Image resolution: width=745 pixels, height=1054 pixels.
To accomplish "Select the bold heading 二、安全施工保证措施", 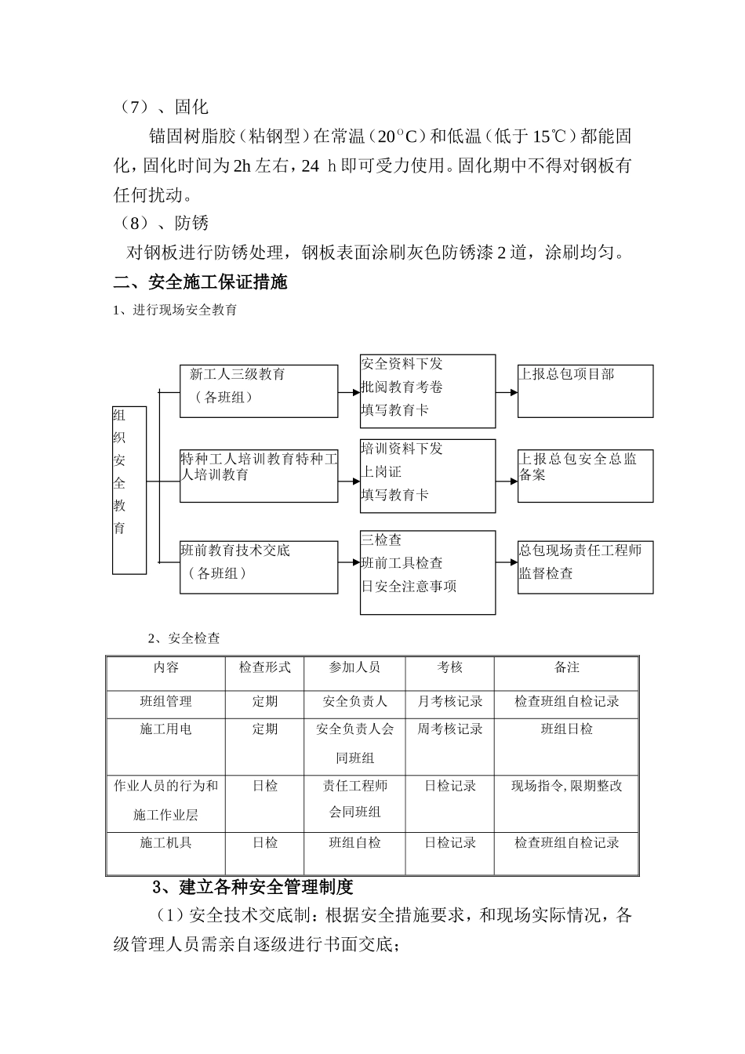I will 200,282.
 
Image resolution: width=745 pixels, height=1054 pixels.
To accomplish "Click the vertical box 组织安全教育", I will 129,489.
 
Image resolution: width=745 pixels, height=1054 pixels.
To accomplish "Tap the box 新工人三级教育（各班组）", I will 259,391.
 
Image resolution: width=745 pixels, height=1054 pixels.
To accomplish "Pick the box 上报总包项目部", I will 585,391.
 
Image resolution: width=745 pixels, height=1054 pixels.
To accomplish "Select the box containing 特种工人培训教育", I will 259,475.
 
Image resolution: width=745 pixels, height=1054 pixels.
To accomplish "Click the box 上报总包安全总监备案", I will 585,475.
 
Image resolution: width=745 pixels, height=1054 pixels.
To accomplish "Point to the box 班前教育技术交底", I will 259,566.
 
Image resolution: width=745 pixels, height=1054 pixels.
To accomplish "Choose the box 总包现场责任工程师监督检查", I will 585,566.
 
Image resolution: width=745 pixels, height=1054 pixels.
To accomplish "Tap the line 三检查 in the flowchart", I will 381,540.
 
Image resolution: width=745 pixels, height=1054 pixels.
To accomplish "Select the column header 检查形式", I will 264,667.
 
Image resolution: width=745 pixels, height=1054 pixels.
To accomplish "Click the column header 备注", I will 566,667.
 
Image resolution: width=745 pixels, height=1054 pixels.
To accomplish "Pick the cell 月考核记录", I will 449,702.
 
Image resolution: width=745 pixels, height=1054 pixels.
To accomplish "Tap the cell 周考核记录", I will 449,729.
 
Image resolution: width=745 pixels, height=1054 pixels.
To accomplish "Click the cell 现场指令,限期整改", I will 566,786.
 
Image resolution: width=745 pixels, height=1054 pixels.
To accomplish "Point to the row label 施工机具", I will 165,843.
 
